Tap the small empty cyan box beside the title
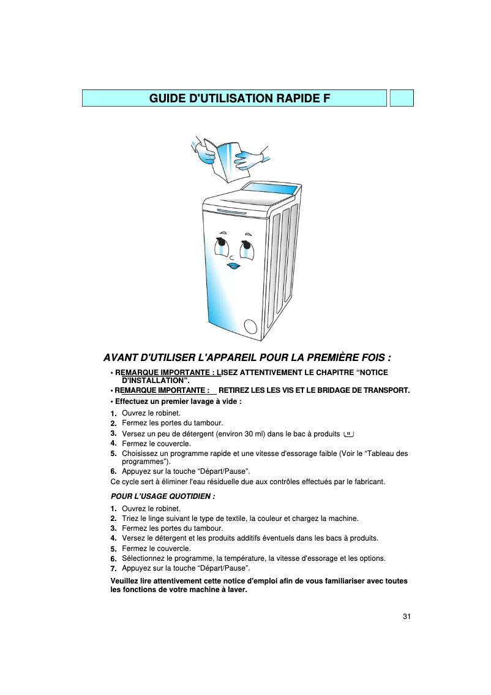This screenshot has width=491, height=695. tap(402, 98)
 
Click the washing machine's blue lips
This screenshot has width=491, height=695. tap(234, 266)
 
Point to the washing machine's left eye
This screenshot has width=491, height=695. tap(220, 248)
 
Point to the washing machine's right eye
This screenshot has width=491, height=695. tap(246, 249)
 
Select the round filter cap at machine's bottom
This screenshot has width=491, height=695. tap(250, 326)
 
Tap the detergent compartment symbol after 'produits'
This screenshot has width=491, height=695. tap(349, 434)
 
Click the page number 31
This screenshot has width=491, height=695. tap(407, 616)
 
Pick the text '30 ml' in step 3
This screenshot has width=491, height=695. tap(252, 434)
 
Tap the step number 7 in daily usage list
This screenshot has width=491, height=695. tap(113, 569)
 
